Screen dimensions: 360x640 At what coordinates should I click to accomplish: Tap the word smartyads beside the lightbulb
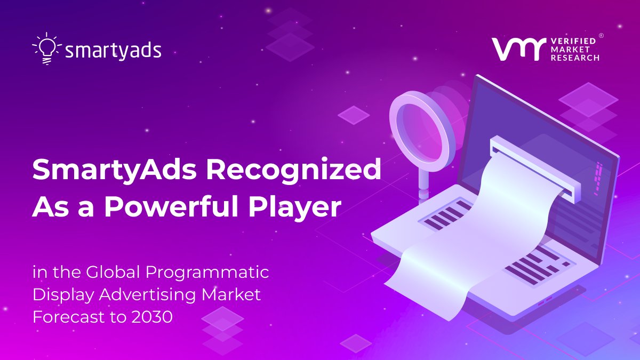click(x=113, y=51)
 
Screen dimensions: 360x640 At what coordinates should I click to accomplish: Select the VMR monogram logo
click(x=517, y=49)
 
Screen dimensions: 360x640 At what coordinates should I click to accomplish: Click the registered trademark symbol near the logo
click(x=601, y=36)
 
